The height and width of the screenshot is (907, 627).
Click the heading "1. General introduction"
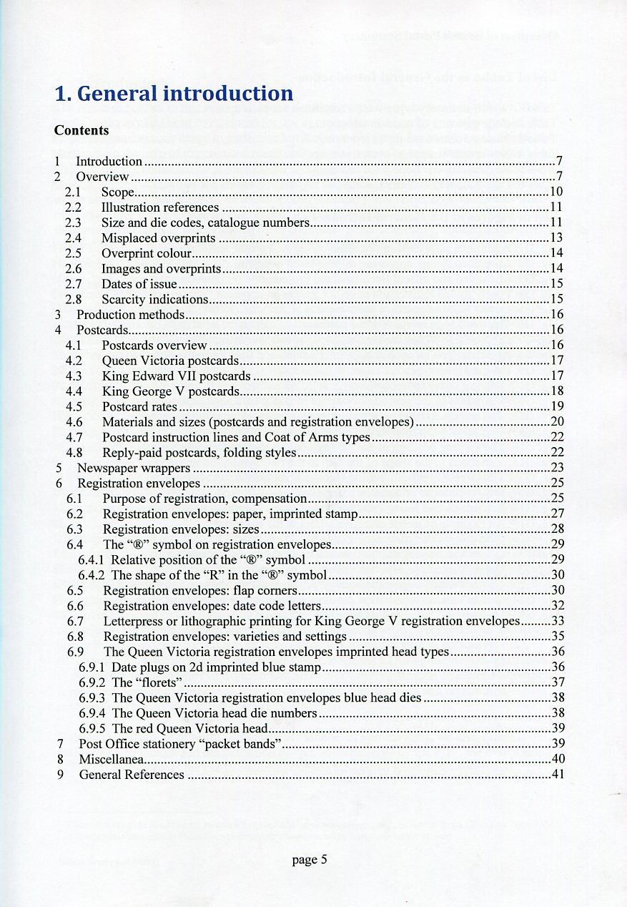tap(174, 94)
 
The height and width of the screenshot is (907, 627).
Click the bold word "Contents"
tap(82, 130)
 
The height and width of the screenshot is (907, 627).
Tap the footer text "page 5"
tap(310, 860)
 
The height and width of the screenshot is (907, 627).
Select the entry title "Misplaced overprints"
tap(158, 237)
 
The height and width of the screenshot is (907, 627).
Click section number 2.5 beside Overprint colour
tap(73, 253)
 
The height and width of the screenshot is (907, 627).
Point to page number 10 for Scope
tap(558, 191)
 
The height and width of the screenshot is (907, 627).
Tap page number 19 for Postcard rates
tap(558, 407)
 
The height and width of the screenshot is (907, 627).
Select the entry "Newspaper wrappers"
tap(134, 469)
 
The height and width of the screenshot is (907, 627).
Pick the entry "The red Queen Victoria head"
tap(189, 728)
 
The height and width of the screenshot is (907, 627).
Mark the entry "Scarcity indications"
tap(154, 300)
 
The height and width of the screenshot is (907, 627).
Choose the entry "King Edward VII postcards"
tap(177, 376)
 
